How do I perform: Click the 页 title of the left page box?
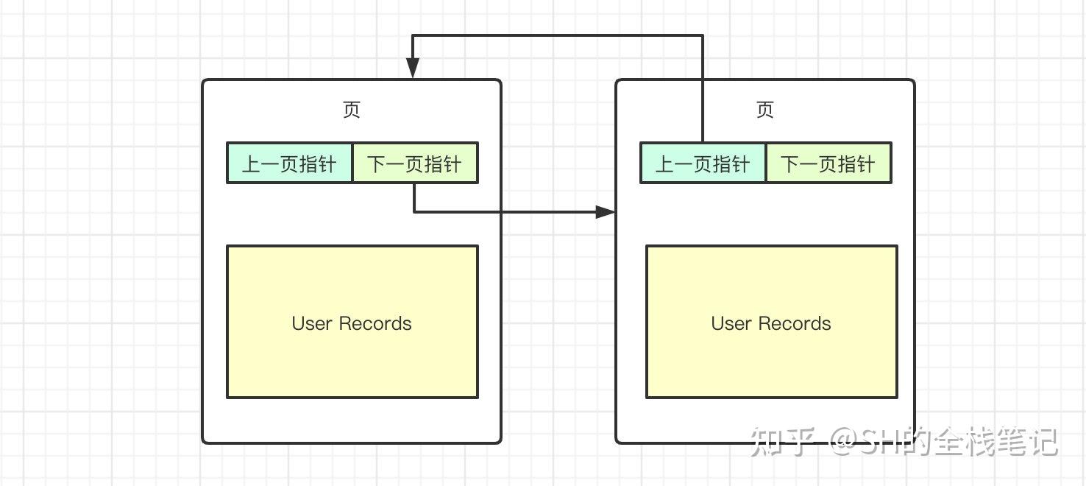[352, 110]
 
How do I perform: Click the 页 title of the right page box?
[765, 110]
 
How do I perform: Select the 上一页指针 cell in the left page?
[289, 163]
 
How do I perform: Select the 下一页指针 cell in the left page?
[415, 163]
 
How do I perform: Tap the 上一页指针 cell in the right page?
[703, 163]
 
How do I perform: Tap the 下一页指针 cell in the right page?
[828, 163]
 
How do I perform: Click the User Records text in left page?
[352, 323]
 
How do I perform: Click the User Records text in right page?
[771, 323]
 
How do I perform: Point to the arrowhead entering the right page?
[606, 212]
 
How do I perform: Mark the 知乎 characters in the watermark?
[782, 442]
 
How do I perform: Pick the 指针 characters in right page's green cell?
[860, 163]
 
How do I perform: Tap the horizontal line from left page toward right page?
[515, 212]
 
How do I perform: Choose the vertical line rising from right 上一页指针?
[703, 88]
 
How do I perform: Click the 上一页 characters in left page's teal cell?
[271, 163]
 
